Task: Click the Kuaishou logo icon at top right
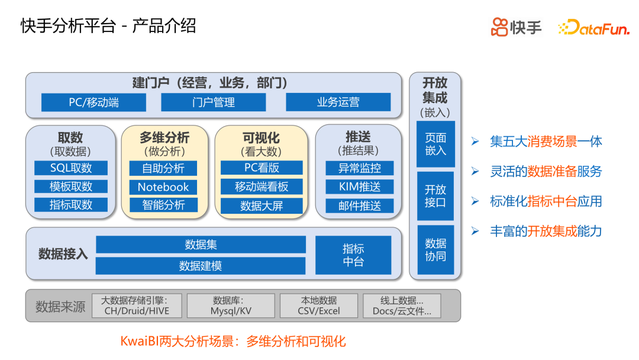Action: (499, 27)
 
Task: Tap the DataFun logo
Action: (593, 27)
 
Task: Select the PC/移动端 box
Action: (93, 102)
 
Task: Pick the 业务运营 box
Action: (338, 102)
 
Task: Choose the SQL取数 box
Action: (71, 168)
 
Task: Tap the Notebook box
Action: (163, 187)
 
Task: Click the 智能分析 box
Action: (163, 205)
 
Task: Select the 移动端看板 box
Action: (262, 187)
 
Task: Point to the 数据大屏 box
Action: (262, 206)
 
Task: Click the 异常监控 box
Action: (360, 168)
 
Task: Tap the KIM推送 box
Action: (360, 187)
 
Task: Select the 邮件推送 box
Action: (360, 206)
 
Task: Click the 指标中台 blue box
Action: (353, 255)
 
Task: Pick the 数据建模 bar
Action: (201, 266)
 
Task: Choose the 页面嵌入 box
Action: (435, 144)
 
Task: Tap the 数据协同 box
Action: (435, 249)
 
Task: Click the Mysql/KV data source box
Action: (231, 306)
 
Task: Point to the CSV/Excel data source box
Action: (318, 306)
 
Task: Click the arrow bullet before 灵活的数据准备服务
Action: (475, 171)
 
